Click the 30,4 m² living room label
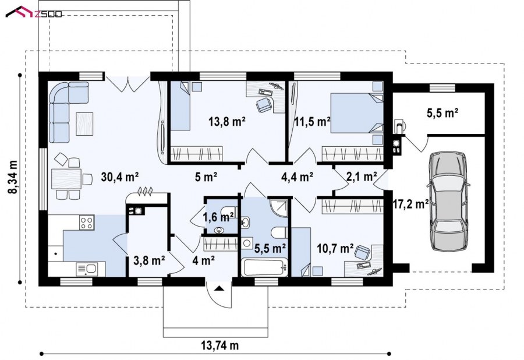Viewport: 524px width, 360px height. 119,177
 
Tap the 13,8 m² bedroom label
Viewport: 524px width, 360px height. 227,121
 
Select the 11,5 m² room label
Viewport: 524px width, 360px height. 313,121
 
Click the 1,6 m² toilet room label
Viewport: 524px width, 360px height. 218,217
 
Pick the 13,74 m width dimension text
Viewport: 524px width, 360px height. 220,345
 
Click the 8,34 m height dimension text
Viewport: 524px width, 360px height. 13,177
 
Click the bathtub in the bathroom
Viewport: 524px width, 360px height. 264,267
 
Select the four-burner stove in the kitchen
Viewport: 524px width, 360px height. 87,223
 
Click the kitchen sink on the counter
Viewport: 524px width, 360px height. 87,269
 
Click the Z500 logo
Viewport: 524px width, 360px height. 33,12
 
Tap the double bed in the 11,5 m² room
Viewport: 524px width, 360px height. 357,114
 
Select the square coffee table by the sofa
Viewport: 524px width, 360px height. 84,123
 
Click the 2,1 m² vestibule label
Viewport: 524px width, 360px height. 362,177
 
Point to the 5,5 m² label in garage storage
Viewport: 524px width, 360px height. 442,113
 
